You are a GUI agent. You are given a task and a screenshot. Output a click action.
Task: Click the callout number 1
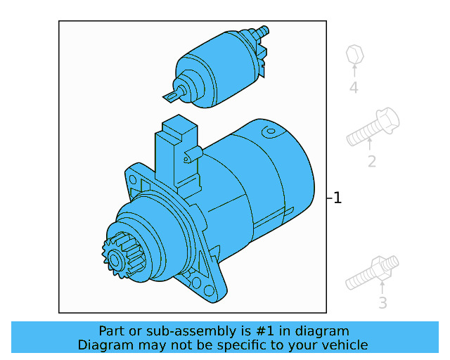point(337,198)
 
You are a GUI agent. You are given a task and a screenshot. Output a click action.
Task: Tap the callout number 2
point(371,162)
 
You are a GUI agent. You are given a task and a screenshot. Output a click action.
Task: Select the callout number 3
point(382,303)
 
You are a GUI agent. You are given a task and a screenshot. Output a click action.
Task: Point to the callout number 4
point(354,88)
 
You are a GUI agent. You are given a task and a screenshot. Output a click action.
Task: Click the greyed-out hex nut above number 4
point(354,53)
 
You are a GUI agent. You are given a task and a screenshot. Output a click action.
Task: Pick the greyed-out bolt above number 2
point(373,127)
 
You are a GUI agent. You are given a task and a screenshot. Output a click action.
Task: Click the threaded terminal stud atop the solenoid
point(263,32)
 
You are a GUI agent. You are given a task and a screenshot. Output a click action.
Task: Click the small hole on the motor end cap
point(269,131)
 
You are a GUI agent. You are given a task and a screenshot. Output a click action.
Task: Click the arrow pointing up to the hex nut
point(354,71)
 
